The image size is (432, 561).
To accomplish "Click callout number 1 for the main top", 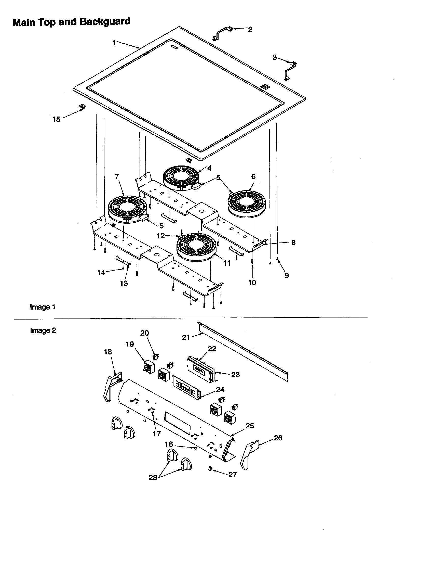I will tap(114, 43).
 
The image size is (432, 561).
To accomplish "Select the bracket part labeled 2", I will tap(223, 33).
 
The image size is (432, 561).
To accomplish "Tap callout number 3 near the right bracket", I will tap(274, 58).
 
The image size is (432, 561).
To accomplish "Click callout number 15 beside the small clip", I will tap(56, 119).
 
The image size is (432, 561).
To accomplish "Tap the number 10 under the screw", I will tap(252, 282).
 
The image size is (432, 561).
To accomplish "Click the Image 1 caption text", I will tap(43, 307).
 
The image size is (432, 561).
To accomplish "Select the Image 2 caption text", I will tap(43, 330).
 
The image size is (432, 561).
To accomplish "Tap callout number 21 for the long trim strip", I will tap(186, 338).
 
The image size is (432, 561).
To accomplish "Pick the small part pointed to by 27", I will tap(210, 469).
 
